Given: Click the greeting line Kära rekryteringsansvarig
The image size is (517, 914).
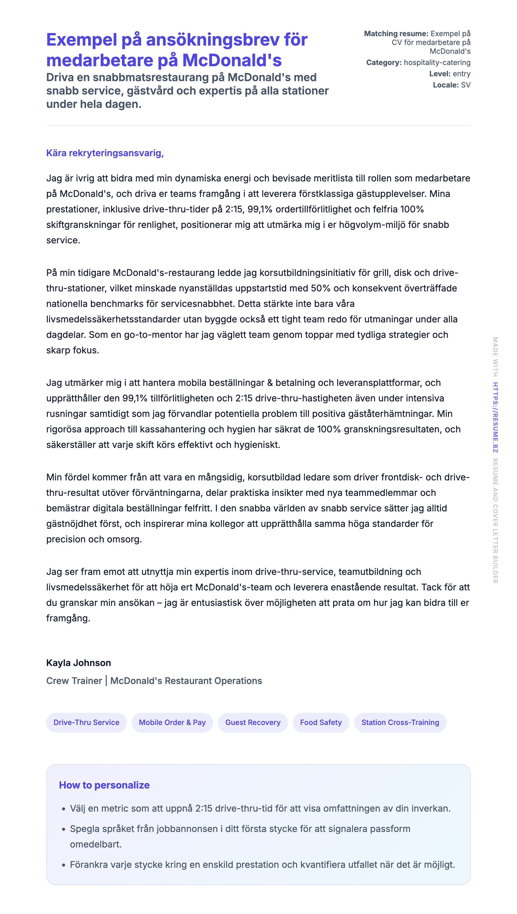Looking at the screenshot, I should click(x=105, y=153).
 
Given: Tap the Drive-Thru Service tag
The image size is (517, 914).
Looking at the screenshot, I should click(x=86, y=722).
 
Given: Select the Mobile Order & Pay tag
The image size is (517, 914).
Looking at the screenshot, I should click(x=172, y=722).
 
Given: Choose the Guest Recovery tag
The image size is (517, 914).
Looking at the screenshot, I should click(x=253, y=722).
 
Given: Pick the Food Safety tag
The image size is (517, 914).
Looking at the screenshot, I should click(x=321, y=722).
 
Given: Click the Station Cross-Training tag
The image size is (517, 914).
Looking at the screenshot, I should click(x=400, y=722).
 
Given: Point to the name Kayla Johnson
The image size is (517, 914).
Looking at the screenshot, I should click(x=78, y=663).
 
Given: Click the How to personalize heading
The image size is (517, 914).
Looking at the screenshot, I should click(x=104, y=785).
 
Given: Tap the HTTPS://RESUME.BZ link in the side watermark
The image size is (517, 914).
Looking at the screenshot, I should click(x=495, y=417).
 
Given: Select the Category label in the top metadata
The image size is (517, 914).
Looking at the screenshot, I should click(x=384, y=63).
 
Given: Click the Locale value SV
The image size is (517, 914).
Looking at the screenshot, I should click(x=466, y=85).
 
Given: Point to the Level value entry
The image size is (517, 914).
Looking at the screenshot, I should click(x=462, y=74).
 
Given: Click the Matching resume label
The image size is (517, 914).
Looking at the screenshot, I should click(x=396, y=34).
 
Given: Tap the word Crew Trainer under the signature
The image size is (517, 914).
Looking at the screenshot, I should click(x=74, y=681).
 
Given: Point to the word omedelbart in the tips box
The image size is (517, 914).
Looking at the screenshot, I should click(x=95, y=844).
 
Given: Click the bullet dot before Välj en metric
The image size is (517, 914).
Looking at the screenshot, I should click(x=64, y=809).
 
